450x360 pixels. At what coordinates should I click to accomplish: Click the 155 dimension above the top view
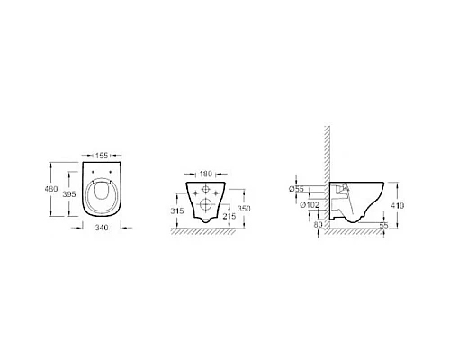[x=102, y=156]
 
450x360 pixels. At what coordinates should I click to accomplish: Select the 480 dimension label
[x=51, y=189]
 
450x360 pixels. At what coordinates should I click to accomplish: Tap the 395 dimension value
[x=69, y=194]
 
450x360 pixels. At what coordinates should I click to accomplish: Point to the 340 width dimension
[x=102, y=228]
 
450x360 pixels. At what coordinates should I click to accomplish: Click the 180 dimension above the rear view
[x=205, y=174]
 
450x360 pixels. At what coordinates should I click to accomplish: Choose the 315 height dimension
[x=177, y=211]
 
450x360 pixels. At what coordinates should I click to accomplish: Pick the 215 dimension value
[x=229, y=216]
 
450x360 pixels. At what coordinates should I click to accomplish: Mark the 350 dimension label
[x=244, y=209]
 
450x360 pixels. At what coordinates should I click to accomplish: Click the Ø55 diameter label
[x=296, y=189]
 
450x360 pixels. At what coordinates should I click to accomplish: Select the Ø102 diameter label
[x=310, y=205]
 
